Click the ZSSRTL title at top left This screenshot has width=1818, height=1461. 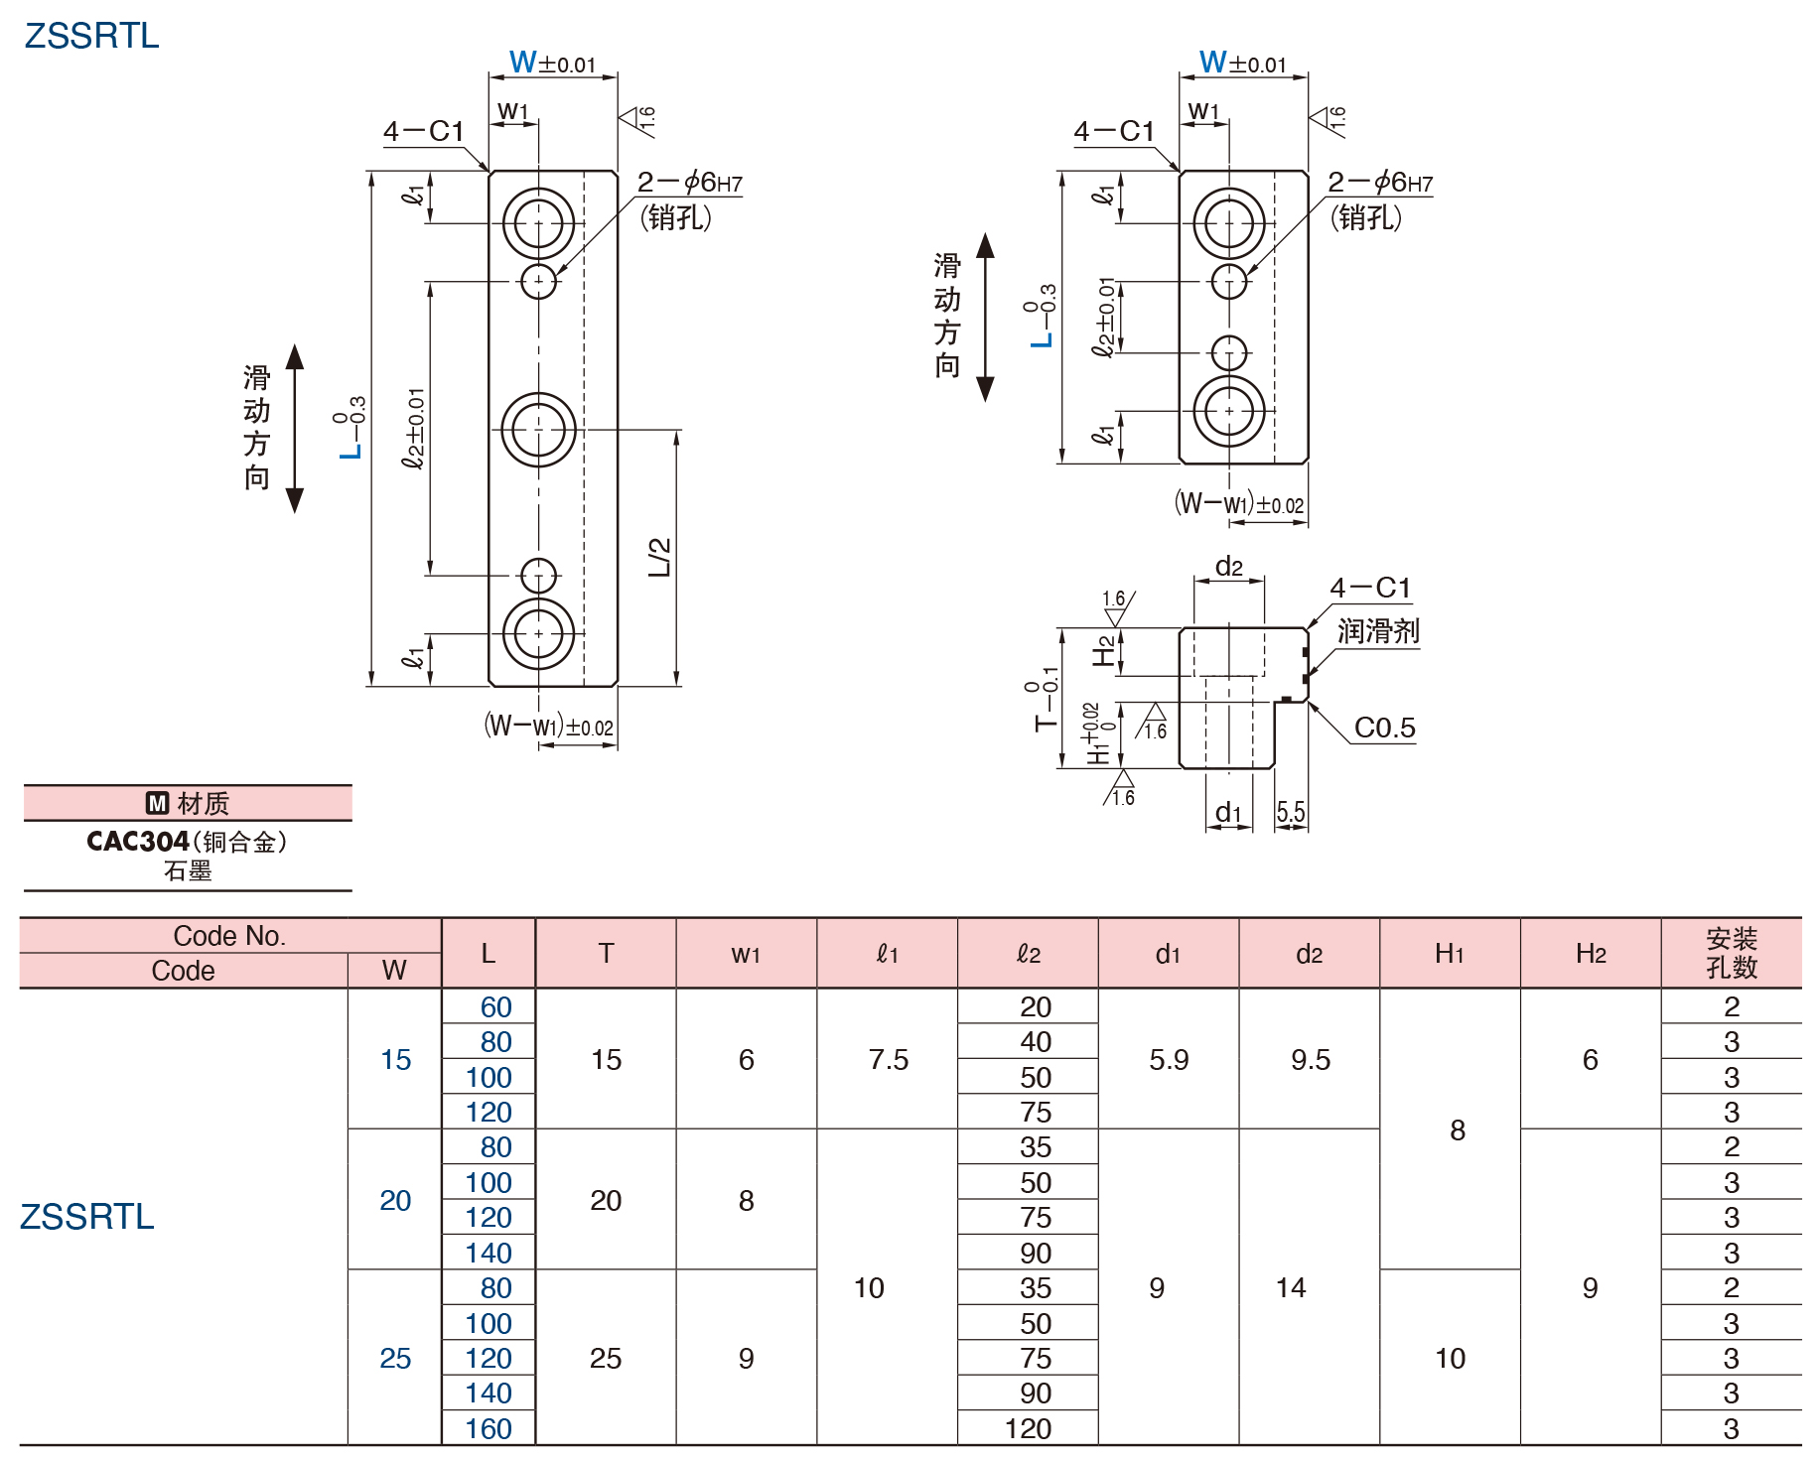pos(91,36)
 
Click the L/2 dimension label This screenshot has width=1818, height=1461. pos(659,557)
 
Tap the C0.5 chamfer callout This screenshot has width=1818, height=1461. pos(1384,728)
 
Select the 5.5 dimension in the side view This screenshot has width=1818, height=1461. pos(1290,813)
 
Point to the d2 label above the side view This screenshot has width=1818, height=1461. pos(1228,567)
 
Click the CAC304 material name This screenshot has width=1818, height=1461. pos(137,842)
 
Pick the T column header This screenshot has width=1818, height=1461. pos(606,954)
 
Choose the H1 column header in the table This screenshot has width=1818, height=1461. pos(1450,954)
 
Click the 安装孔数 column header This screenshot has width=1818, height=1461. pos(1731,953)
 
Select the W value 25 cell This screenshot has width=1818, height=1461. pos(395,1358)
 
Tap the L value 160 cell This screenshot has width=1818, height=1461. pos(489,1428)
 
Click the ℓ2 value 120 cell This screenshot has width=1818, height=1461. pos(1028,1428)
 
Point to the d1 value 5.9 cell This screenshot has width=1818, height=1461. pos(1169,1059)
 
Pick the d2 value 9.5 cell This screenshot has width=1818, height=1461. pos(1310,1059)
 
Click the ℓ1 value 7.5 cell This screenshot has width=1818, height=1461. pos(888,1059)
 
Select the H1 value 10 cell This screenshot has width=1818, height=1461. pos(1450,1358)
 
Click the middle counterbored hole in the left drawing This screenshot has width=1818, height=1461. pos(538,430)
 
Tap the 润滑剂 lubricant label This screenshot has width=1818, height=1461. pos(1378,631)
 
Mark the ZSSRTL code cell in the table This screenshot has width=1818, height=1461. pos(87,1217)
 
